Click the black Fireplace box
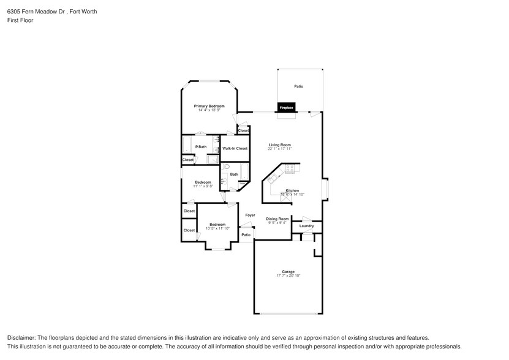point(287,107)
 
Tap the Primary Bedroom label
point(209,106)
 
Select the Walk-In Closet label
point(235,148)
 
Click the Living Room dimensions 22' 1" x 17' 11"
point(279,149)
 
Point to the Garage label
point(288,272)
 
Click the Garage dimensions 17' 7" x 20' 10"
point(288,276)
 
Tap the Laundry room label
point(306,226)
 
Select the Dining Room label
point(277,219)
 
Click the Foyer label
point(250,215)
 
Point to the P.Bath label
point(200,147)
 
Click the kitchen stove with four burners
point(289,168)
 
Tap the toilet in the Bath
point(225,167)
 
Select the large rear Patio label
point(298,86)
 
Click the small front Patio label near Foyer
point(246,235)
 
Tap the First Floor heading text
point(20,20)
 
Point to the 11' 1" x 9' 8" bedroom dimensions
point(203,186)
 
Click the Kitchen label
point(292,190)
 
